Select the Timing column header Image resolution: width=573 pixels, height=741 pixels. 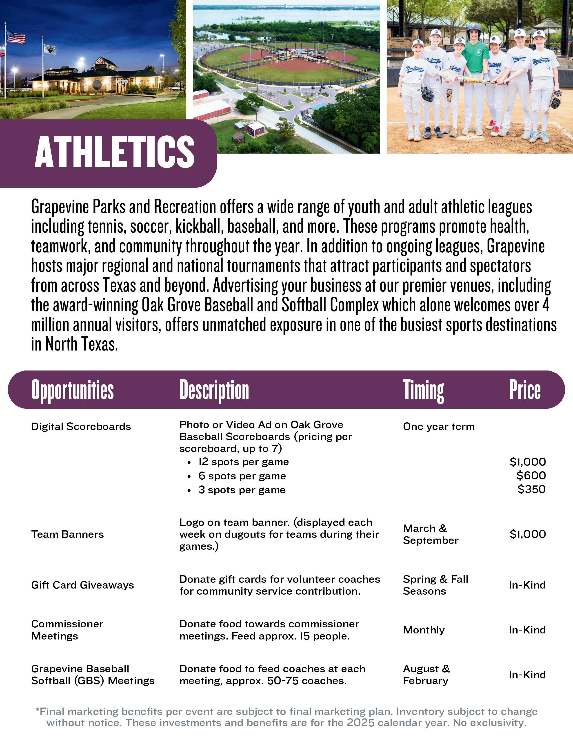tap(423, 390)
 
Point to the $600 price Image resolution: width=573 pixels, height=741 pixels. tap(531, 475)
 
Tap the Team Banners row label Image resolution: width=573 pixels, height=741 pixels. tap(67, 534)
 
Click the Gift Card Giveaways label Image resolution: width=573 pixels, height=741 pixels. tap(82, 585)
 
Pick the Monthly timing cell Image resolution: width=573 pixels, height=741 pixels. tap(423, 630)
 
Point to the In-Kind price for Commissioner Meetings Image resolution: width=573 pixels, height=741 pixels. tap(527, 630)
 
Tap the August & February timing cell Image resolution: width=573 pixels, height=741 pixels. tap(426, 675)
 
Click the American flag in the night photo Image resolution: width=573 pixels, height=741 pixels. tap(16, 37)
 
